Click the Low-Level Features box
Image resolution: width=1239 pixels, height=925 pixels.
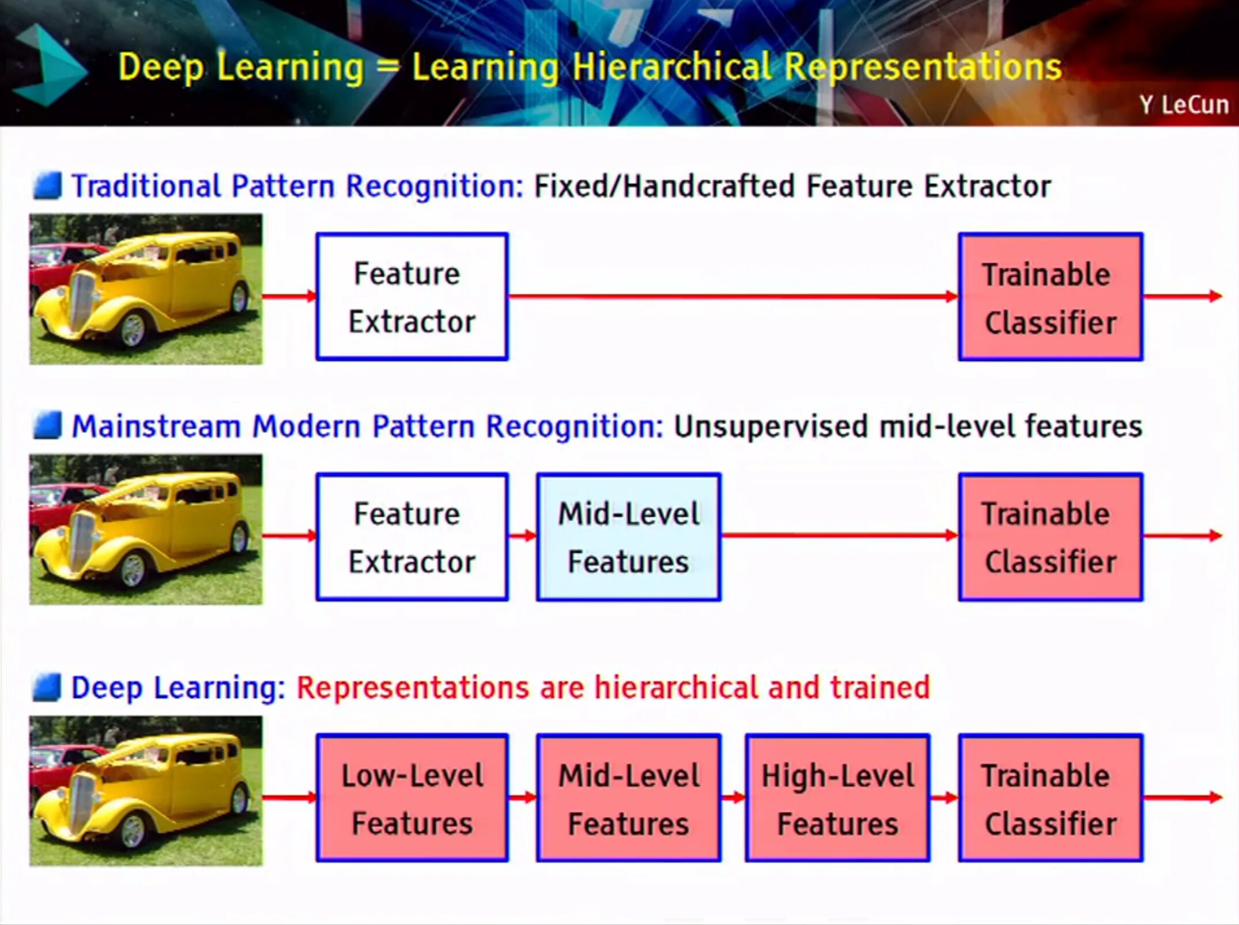pos(412,798)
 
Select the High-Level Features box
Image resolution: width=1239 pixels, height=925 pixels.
pos(837,798)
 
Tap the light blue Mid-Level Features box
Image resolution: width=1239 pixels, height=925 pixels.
pos(629,537)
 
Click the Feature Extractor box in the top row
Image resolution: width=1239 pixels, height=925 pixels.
pos(412,297)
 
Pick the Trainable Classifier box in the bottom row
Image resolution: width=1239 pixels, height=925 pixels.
pos(1051,798)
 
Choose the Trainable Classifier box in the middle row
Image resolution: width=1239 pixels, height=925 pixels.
pos(1051,537)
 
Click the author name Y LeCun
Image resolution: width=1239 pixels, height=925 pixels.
pos(1184,105)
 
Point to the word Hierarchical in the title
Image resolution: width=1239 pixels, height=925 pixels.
pos(672,67)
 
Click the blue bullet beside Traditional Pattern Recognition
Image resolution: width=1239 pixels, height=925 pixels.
pos(47,186)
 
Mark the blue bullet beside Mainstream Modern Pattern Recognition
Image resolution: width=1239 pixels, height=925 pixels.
pos(47,426)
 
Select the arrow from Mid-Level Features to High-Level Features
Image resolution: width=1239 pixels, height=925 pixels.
pos(733,798)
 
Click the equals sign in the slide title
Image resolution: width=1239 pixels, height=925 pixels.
pos(388,68)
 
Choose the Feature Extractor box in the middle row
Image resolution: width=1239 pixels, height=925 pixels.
pos(412,537)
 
